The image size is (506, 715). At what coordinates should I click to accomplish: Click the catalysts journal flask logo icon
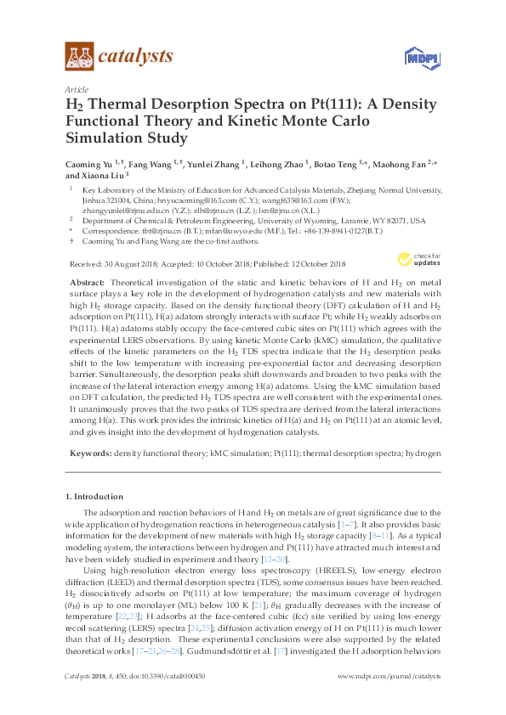click(x=78, y=57)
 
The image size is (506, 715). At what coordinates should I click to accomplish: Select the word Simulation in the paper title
click(x=105, y=137)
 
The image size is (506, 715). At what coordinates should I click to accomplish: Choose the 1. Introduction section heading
click(x=94, y=496)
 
